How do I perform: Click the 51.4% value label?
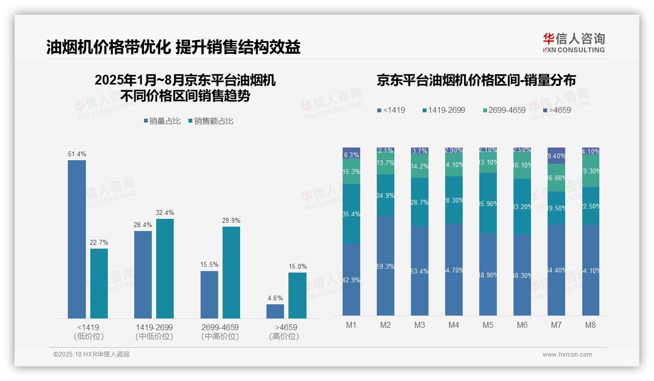click(x=77, y=154)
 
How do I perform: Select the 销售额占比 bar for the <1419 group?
click(x=99, y=283)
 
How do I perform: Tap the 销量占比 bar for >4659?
click(x=275, y=311)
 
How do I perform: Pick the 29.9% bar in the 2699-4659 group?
click(x=231, y=272)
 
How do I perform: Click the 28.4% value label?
click(x=143, y=225)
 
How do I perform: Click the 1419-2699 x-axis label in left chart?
click(x=154, y=327)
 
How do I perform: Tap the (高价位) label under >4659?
click(x=284, y=337)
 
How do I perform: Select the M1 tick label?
click(x=351, y=325)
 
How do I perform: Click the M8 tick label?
click(x=590, y=325)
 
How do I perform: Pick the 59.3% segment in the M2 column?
click(x=386, y=266)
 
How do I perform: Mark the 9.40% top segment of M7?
click(x=556, y=155)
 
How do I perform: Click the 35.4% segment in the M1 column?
click(x=351, y=214)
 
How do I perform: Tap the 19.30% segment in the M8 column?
click(x=591, y=171)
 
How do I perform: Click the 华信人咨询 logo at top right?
click(x=573, y=42)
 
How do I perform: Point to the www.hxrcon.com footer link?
click(x=567, y=355)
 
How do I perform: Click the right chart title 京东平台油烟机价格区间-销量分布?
click(x=476, y=81)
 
